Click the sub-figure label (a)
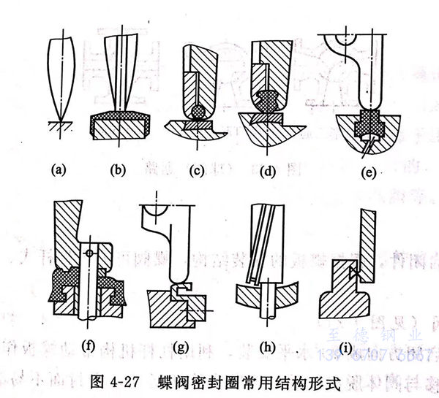[56, 170]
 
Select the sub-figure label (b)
[119, 170]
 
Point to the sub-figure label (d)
[269, 170]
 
